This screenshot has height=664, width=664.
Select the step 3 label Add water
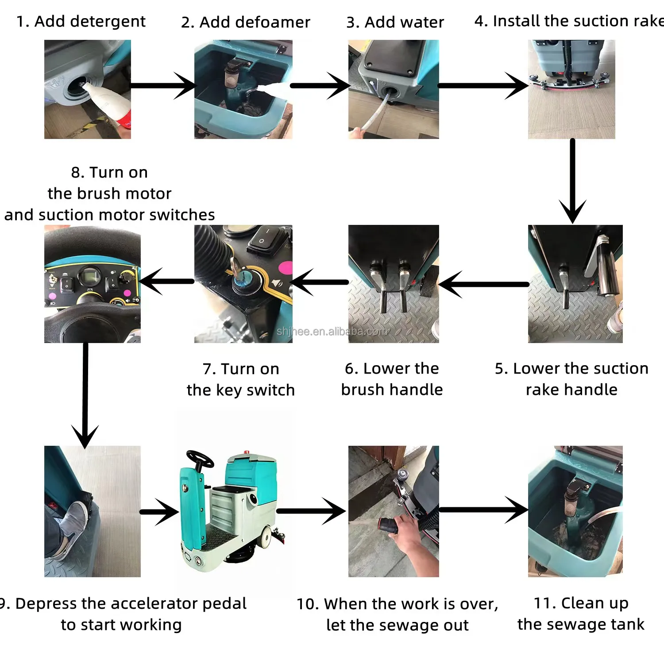[395, 22]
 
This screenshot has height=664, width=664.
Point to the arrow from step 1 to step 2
[162, 85]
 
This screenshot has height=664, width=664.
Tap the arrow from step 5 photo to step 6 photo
[483, 284]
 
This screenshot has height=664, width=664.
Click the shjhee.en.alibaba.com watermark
[332, 331]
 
